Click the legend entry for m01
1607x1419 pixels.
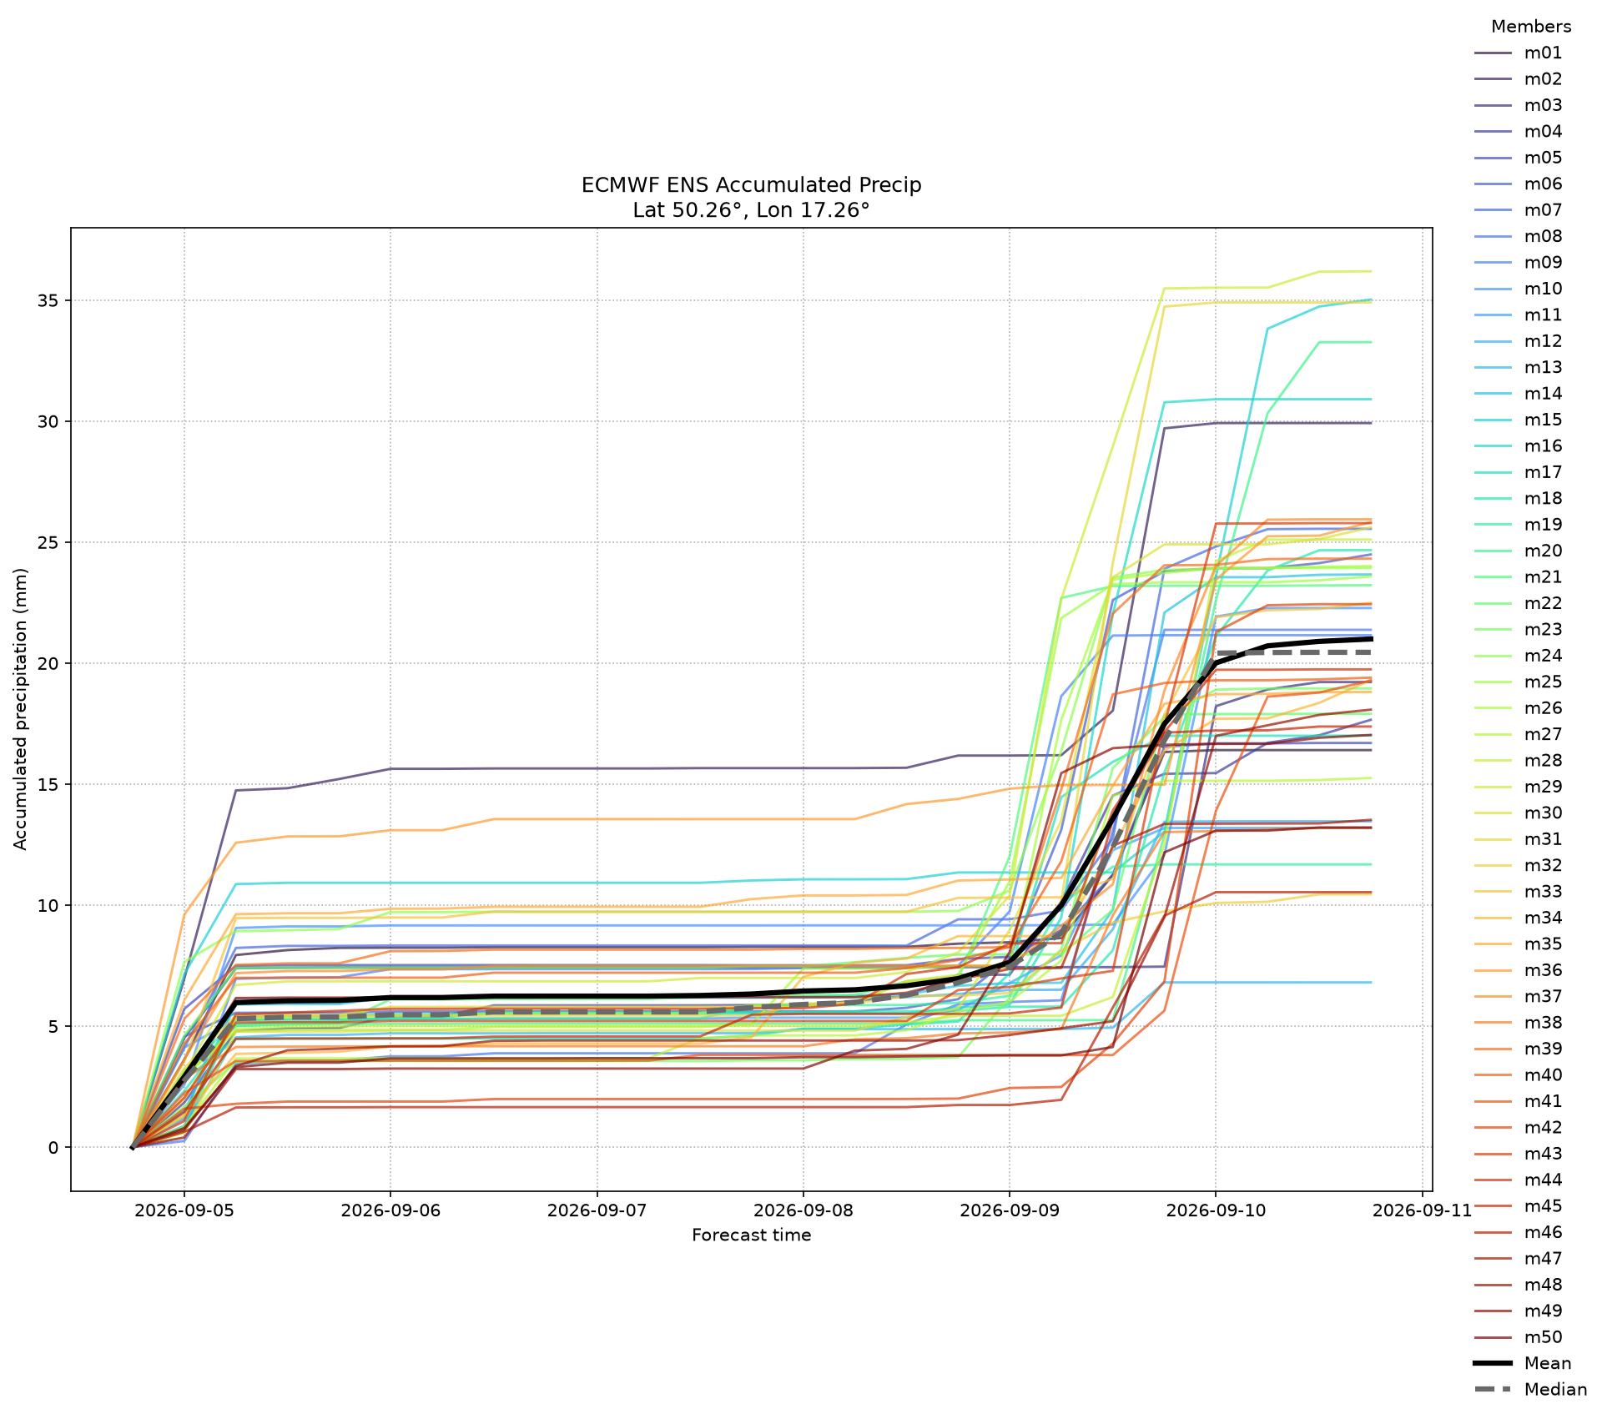point(1518,53)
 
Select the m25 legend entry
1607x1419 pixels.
point(1518,682)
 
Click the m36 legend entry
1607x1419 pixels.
point(1518,970)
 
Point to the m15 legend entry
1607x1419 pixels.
point(1518,420)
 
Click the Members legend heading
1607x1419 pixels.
point(1531,27)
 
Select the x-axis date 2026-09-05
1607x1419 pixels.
point(184,1210)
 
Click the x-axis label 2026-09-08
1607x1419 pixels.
point(803,1210)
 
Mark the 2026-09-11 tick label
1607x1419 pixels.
point(1422,1210)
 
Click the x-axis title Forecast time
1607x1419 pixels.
point(751,1235)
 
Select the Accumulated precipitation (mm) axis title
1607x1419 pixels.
point(21,709)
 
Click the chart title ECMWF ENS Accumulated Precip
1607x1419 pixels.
point(751,185)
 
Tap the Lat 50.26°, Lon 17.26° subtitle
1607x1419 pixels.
point(751,210)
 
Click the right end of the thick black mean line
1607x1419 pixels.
point(1370,639)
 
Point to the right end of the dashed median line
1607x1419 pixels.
point(1370,652)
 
